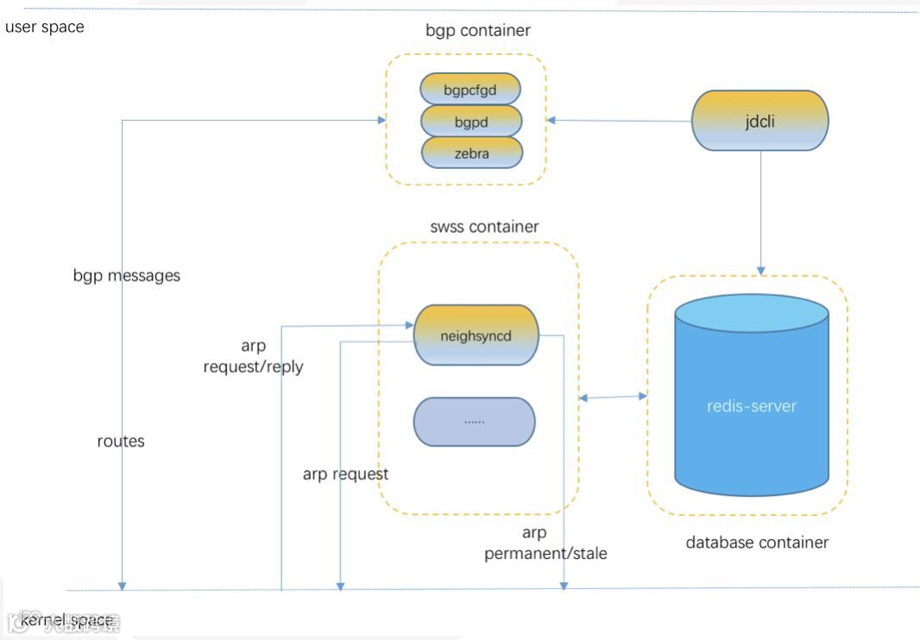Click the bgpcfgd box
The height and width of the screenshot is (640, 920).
pos(470,89)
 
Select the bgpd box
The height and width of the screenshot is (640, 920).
pos(472,122)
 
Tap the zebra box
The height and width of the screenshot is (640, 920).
pos(472,153)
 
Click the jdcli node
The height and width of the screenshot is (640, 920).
pos(760,121)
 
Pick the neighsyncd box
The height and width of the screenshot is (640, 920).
pos(476,336)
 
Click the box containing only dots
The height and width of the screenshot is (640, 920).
pos(475,422)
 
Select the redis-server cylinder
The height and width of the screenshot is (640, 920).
pos(752,405)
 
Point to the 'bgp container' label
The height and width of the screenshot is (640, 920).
pos(478,31)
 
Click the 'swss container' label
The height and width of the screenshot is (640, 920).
pos(484,227)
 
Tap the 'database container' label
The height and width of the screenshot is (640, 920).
pos(757,543)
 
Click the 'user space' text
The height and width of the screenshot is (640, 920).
pos(45,27)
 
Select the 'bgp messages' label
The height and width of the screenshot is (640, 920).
pos(127,276)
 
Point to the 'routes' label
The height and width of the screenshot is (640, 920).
pos(121,441)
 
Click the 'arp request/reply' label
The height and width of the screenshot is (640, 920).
pos(253,356)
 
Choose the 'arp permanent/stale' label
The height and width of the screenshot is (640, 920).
pos(545,543)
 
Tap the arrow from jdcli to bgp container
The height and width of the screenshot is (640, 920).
pos(620,121)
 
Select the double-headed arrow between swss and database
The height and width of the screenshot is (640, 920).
pos(614,397)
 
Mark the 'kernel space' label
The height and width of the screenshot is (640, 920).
pos(66,620)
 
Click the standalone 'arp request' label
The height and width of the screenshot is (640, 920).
pos(345,474)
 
